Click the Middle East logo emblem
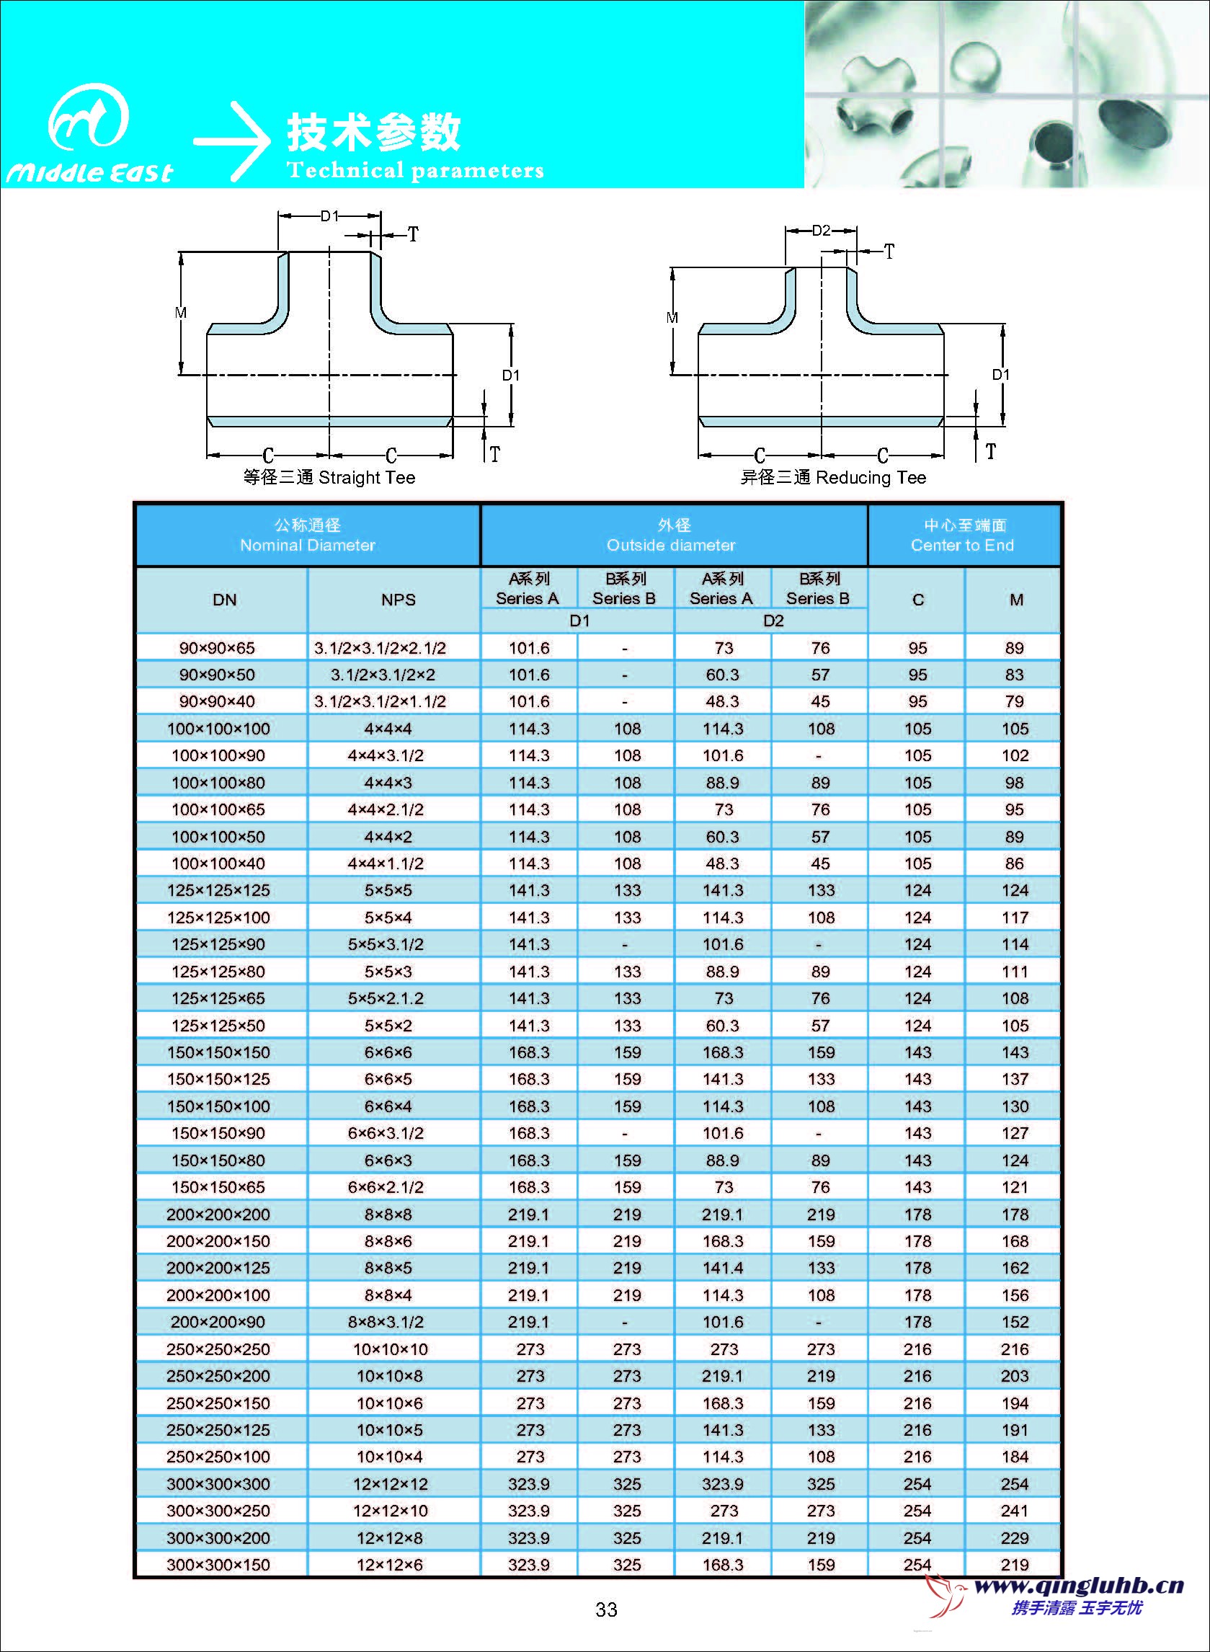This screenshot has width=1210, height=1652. point(89,117)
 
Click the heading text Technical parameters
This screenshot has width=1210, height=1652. point(415,171)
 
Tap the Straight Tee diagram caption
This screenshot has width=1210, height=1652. point(329,478)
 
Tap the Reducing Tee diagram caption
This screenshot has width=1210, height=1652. point(833,478)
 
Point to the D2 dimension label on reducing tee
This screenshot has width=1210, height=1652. point(821,231)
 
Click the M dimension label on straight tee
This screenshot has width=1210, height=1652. point(181,313)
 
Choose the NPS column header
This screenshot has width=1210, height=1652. point(398,600)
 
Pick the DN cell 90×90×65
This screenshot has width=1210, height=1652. point(217,649)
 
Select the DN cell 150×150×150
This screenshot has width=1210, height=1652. point(218,1053)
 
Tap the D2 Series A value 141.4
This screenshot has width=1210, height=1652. point(722,1268)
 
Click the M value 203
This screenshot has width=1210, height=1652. point(1015,1377)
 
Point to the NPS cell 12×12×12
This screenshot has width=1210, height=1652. point(391,1484)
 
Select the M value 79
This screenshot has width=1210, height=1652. point(1015,702)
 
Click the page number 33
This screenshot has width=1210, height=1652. point(607,1609)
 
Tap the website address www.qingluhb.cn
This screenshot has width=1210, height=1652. point(1078,1587)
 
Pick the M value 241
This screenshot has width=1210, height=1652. point(1015,1511)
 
